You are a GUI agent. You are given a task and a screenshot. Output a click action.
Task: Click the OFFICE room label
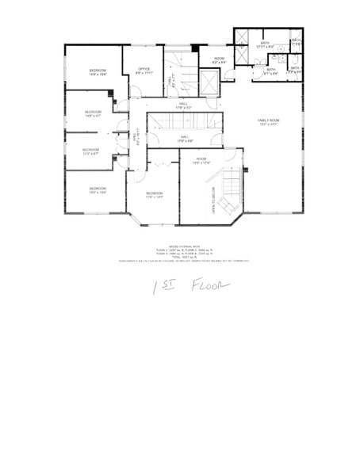[144, 70]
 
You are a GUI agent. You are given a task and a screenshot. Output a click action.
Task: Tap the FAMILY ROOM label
[268, 121]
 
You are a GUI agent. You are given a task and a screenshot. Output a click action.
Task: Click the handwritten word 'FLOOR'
[209, 286]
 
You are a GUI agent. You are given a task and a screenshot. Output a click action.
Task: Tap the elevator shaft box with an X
[209, 82]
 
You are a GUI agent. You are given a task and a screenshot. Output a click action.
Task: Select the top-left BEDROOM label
[98, 73]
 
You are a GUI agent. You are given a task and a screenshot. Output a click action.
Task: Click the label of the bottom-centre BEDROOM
[155, 194]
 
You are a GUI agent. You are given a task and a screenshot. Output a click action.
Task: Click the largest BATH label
[265, 45]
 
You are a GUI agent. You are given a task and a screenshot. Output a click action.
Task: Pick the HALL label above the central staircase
[182, 105]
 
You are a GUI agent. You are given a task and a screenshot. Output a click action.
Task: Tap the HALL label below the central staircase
[183, 139]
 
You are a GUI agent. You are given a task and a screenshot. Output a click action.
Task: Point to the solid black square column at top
[236, 32]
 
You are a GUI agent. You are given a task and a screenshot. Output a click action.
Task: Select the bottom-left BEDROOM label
[98, 190]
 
